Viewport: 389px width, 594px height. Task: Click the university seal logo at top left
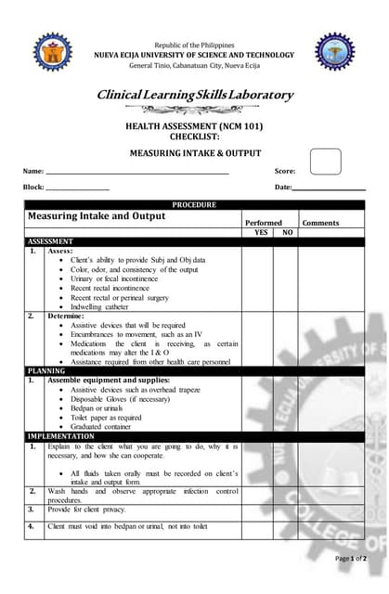click(x=53, y=53)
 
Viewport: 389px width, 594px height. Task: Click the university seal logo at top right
click(x=334, y=53)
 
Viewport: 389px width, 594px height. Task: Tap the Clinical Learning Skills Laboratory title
click(x=195, y=95)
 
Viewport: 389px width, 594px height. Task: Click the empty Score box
click(x=325, y=161)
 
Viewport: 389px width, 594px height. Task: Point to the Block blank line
click(x=78, y=188)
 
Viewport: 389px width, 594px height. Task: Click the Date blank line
click(x=330, y=188)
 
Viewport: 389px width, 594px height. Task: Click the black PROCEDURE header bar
click(x=194, y=205)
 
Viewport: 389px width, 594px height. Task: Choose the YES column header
click(x=261, y=232)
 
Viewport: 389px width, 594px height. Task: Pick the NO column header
click(x=287, y=232)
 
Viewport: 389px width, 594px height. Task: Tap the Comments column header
click(x=321, y=223)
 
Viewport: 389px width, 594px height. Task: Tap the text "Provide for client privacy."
click(x=94, y=510)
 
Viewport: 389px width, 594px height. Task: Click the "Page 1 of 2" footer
click(x=351, y=559)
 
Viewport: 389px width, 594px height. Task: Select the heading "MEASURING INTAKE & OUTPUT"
click(x=195, y=153)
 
